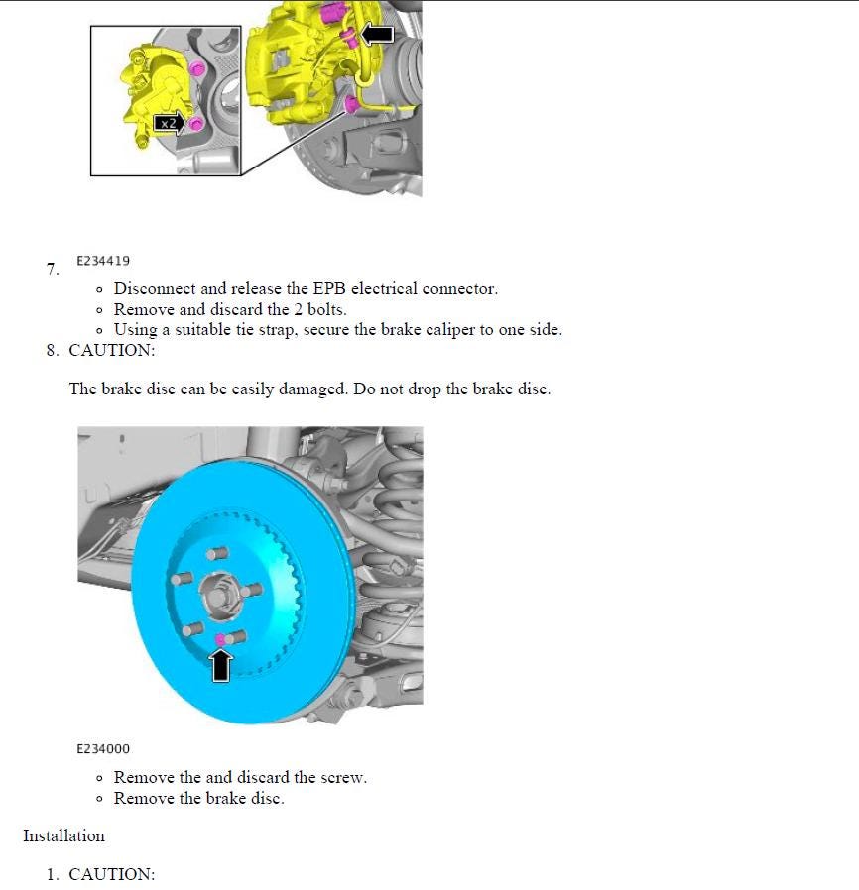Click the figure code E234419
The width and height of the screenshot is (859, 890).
pyautogui.click(x=103, y=261)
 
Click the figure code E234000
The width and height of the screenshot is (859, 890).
pyautogui.click(x=103, y=749)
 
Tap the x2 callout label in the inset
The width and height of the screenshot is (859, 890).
pyautogui.click(x=170, y=123)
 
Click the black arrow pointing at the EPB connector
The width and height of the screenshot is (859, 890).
pyautogui.click(x=376, y=35)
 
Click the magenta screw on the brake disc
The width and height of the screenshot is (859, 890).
pyautogui.click(x=220, y=639)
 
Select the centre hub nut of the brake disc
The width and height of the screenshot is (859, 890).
pyautogui.click(x=216, y=597)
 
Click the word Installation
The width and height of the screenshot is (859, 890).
pyautogui.click(x=63, y=836)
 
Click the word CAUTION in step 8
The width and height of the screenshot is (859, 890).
pyautogui.click(x=112, y=350)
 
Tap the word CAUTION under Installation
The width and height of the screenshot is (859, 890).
pyautogui.click(x=112, y=875)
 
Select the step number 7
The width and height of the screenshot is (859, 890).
pyautogui.click(x=53, y=270)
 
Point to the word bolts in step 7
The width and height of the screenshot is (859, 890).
pyautogui.click(x=322, y=309)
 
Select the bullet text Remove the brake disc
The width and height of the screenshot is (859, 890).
pyautogui.click(x=198, y=798)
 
